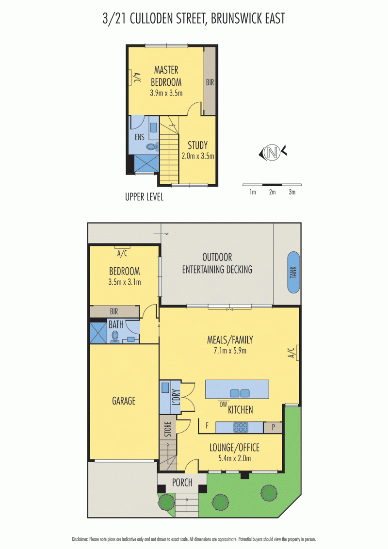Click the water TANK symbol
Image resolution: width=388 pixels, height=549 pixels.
click(x=293, y=273)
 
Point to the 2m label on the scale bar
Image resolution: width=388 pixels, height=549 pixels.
click(x=272, y=193)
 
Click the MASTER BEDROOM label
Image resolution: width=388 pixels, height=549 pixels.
click(x=166, y=76)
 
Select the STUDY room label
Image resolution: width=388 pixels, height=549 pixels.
click(x=197, y=145)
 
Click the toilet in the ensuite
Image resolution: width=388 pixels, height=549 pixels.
click(x=152, y=146)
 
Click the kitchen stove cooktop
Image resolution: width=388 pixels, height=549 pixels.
click(x=241, y=427)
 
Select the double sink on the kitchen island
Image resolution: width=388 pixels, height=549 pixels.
click(x=239, y=393)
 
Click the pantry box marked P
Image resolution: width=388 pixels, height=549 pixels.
click(x=273, y=428)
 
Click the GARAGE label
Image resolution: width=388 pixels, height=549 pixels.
click(x=124, y=401)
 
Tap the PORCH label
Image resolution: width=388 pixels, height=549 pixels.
click(x=182, y=483)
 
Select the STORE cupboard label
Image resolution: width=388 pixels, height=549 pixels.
click(x=168, y=430)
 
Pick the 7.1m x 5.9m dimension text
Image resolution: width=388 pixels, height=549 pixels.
click(x=230, y=351)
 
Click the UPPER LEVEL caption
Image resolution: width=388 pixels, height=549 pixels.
click(x=144, y=197)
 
